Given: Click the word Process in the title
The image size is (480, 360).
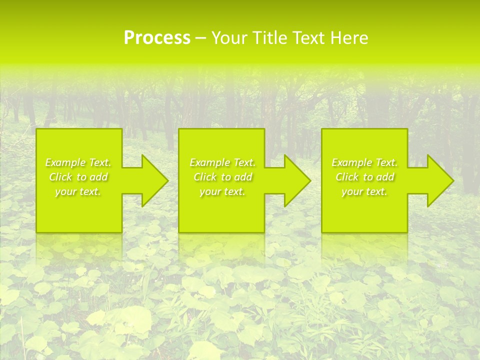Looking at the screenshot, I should coord(157,38).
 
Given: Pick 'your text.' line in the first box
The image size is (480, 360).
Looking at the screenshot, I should coord(78,191).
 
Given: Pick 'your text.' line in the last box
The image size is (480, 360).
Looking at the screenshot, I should coord(364,191).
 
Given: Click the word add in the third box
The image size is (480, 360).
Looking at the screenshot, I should coord(386,177).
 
